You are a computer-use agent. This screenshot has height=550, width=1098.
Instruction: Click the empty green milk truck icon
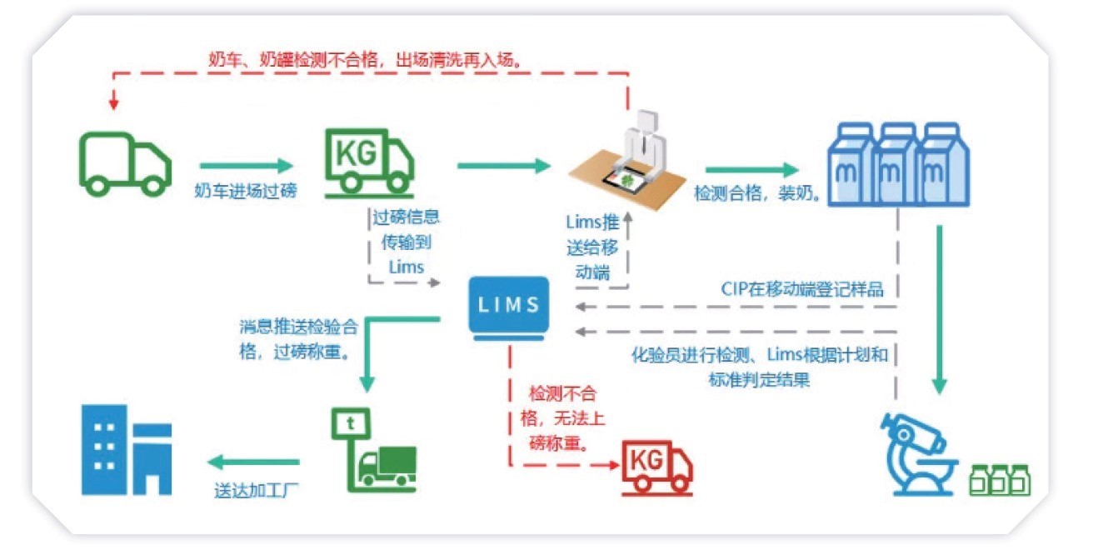point(126,164)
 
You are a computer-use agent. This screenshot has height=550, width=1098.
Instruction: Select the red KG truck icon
point(657,468)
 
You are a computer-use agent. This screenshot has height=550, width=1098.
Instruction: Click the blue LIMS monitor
point(509,308)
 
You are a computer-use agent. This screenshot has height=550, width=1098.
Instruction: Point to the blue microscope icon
point(917,454)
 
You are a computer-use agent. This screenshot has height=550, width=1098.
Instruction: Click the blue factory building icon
point(127,449)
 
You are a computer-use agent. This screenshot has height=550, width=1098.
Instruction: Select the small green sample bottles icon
point(1000,480)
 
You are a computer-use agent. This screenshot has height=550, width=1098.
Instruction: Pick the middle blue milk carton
point(897,164)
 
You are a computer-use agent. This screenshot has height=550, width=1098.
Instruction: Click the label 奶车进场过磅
point(246,191)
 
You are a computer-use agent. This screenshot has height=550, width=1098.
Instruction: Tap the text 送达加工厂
point(256,490)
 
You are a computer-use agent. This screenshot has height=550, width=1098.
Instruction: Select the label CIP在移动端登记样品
point(802,288)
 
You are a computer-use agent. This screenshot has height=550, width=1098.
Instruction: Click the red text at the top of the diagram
point(365,60)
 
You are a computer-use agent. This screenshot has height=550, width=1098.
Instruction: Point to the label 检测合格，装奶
point(757,193)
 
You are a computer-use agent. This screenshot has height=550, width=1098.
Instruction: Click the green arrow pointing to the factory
point(253,462)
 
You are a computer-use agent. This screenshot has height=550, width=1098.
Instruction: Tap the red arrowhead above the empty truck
point(114,103)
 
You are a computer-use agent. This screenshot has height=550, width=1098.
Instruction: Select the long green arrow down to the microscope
point(939,309)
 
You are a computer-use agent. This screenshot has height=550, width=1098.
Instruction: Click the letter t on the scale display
point(350,422)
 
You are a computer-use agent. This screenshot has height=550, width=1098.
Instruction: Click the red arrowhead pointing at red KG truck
point(613,465)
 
